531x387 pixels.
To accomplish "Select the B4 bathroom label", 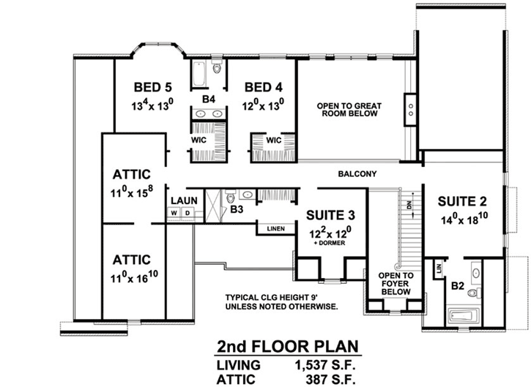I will [x=208, y=98].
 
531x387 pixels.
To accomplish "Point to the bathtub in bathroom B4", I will [x=200, y=73].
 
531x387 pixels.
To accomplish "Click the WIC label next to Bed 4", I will [x=274, y=140].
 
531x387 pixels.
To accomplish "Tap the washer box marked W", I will [x=174, y=214].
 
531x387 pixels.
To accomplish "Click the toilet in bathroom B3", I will [x=231, y=197].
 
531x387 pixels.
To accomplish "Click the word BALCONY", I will [x=357, y=174].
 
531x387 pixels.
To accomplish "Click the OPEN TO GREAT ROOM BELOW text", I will [x=347, y=110].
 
